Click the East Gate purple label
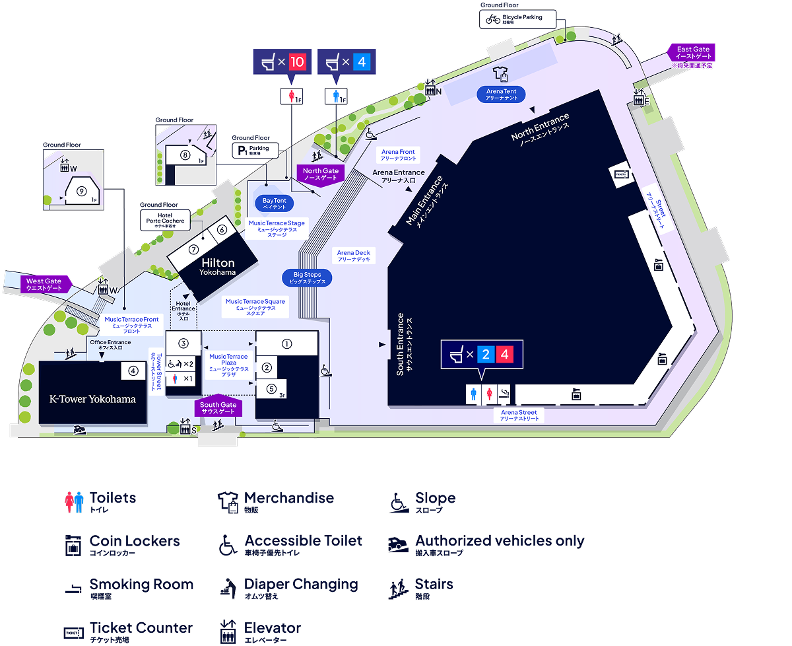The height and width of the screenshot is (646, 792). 693,52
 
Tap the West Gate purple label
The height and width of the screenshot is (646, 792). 44,285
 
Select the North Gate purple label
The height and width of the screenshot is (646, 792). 320,174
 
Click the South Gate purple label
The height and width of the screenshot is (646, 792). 218,408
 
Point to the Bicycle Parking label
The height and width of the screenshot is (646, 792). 517,19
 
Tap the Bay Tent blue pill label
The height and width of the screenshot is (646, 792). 274,203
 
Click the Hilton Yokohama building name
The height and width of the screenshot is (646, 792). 218,267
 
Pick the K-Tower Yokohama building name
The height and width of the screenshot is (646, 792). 93,399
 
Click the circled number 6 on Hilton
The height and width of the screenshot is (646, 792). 222,230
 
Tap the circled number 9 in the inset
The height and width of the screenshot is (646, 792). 81,191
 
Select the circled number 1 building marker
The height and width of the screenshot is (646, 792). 286,343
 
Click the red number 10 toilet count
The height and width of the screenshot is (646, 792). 297,62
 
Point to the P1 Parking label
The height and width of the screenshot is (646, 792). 254,150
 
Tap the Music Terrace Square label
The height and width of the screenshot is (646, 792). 255,307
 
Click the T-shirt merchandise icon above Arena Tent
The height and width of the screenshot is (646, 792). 499,74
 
